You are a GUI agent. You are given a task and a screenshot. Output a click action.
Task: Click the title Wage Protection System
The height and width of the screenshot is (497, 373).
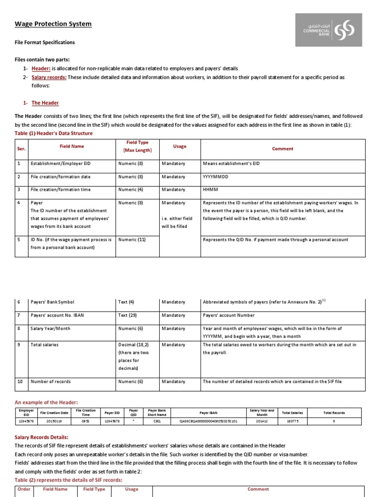point(53,24)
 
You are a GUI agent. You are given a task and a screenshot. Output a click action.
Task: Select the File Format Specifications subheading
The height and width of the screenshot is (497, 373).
point(45,42)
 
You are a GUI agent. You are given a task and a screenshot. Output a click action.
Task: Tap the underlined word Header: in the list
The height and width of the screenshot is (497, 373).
point(41,69)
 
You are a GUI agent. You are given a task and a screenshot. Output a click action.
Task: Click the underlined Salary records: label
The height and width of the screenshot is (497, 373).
point(49,77)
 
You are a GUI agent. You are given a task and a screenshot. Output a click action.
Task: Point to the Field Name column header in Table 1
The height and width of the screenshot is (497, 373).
point(71,146)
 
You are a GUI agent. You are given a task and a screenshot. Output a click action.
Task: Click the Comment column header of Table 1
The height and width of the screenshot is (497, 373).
point(283,149)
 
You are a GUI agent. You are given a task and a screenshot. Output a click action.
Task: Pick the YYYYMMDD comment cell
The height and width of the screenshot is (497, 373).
point(216,177)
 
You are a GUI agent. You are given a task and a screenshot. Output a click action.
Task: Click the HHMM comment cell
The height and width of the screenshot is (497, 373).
point(209,190)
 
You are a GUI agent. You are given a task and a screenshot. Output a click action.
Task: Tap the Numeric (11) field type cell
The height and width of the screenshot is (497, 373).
point(132,240)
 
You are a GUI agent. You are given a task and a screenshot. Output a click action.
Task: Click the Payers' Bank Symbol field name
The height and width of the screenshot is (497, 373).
point(53,302)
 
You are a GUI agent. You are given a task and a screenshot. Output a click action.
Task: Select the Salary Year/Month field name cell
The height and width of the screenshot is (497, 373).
point(51,329)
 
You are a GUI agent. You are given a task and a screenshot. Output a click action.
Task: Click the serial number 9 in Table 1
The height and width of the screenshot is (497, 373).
point(19,345)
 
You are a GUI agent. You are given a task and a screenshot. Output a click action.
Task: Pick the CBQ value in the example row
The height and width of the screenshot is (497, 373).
point(157,421)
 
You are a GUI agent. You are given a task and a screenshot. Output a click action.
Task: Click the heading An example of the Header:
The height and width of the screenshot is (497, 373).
point(46,402)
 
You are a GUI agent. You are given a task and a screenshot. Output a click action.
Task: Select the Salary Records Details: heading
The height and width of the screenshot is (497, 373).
point(41,437)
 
